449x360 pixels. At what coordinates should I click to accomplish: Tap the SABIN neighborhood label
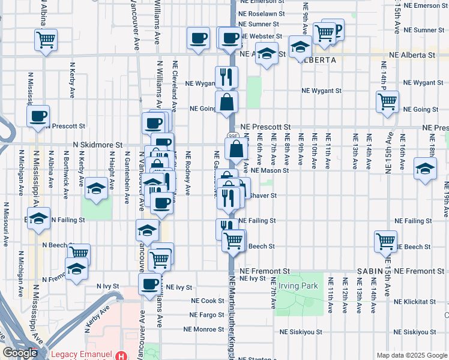point(370,272)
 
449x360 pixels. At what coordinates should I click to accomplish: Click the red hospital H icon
point(122,355)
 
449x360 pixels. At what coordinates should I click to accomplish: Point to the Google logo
point(20,353)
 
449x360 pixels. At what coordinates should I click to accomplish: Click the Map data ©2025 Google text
point(412,355)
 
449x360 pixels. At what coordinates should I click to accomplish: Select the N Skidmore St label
point(97,145)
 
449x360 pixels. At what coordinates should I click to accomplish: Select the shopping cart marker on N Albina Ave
point(46,40)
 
